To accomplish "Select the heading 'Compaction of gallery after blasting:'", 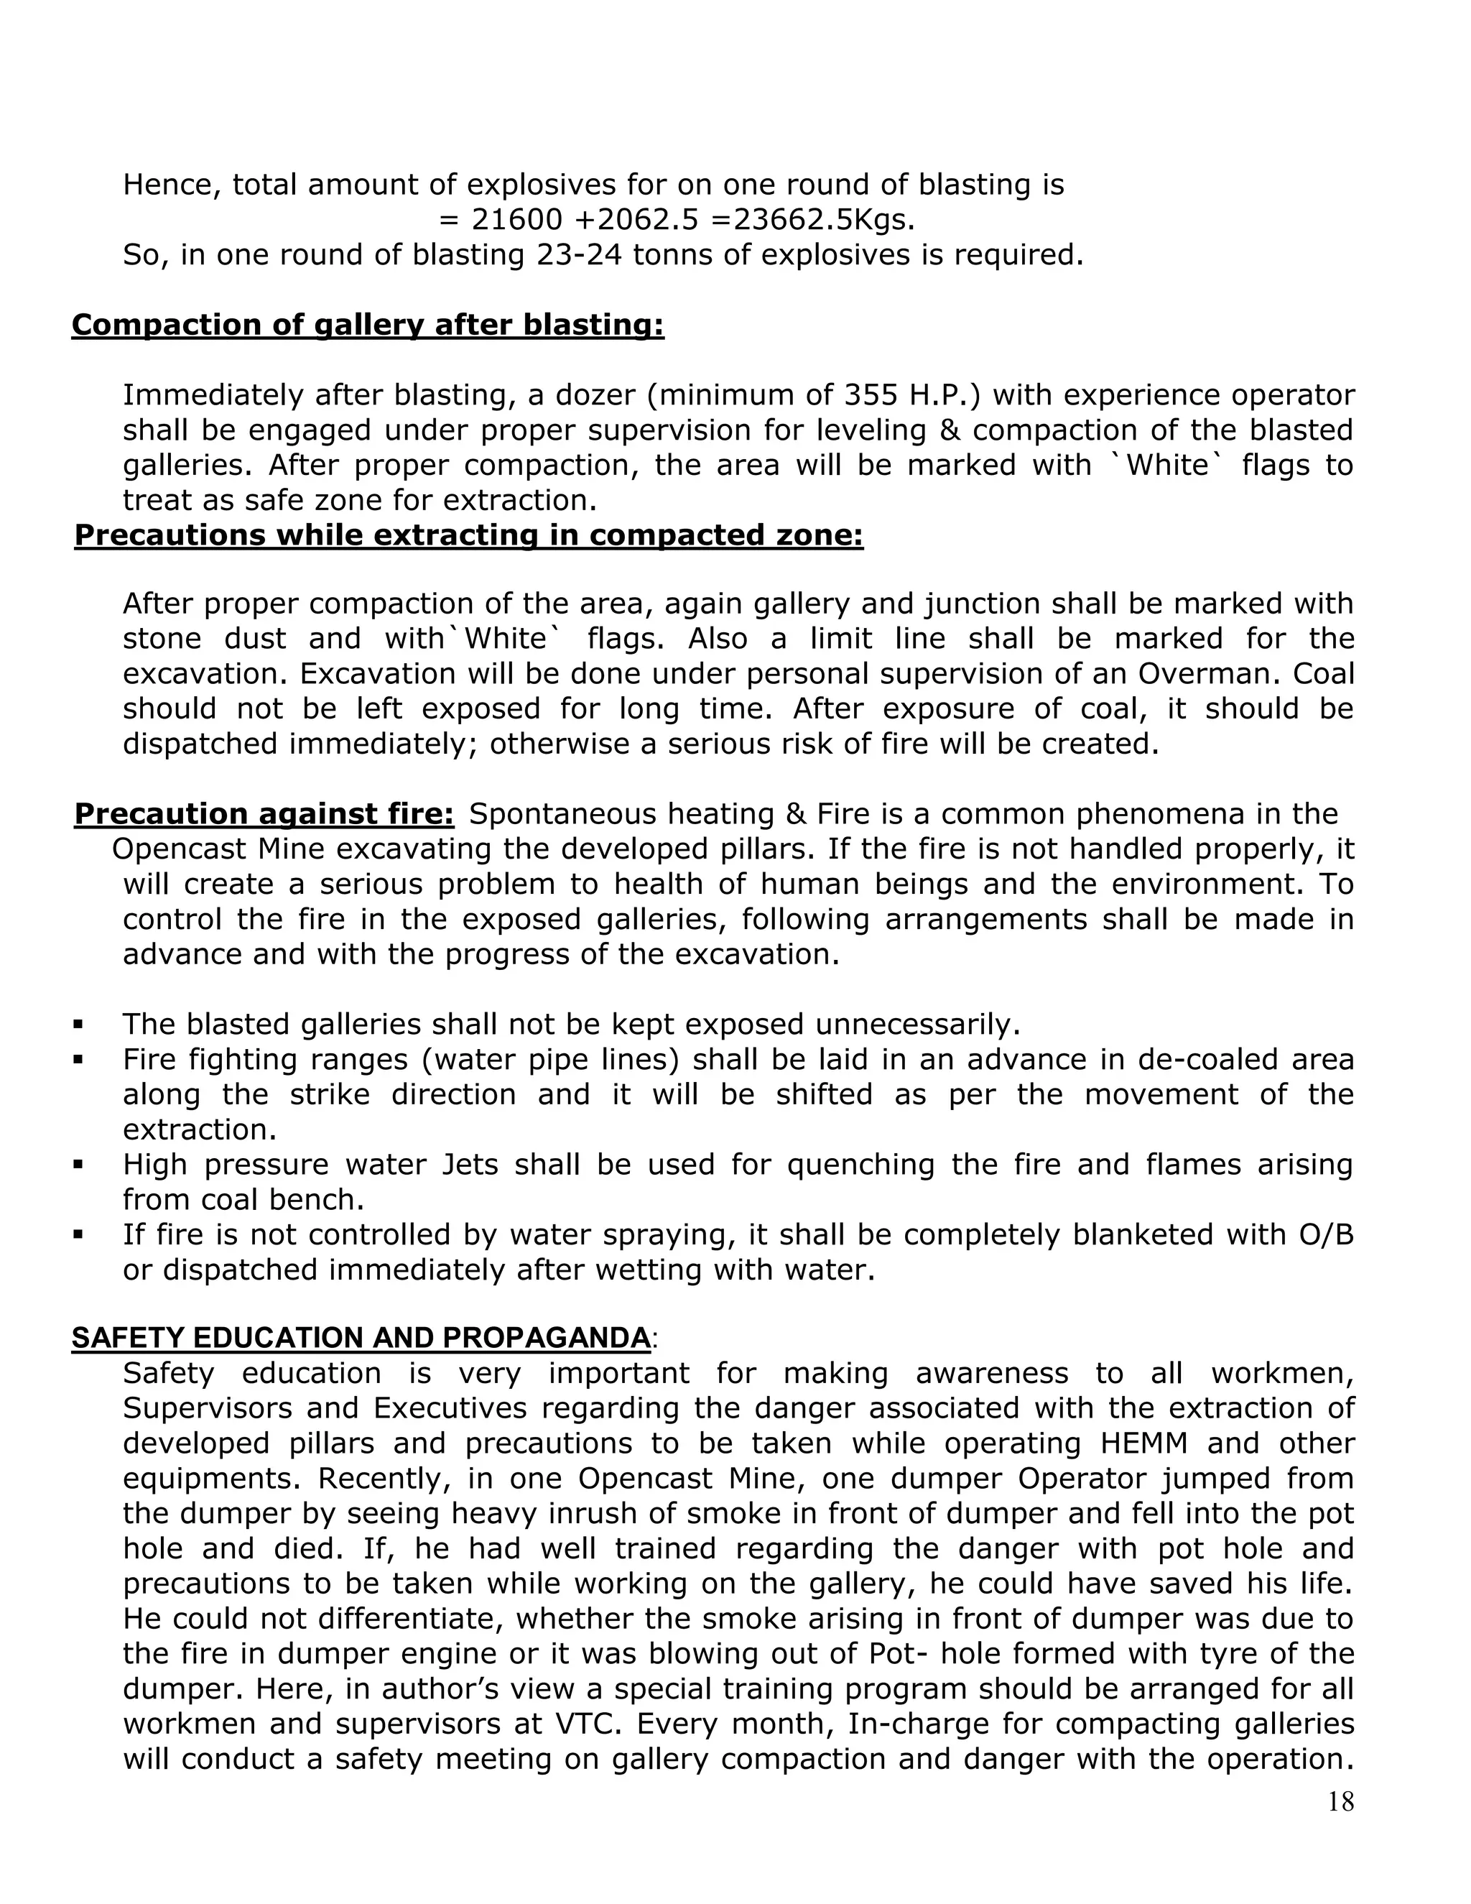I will [367, 324].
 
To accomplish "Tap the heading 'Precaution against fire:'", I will [264, 813].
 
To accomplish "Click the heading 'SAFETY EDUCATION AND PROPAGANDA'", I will [361, 1337].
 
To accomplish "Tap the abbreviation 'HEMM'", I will [1143, 1443].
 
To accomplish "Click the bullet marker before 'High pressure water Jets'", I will [78, 1165].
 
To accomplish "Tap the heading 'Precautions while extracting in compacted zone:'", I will [468, 535].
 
